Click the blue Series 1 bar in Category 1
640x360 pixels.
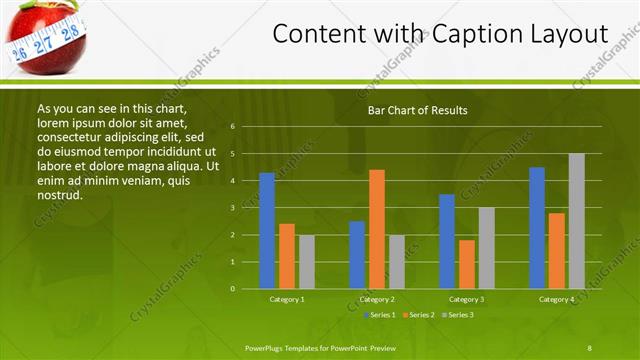tap(267, 231)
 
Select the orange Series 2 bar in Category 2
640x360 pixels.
tap(377, 229)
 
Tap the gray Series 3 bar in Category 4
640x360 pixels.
tap(577, 221)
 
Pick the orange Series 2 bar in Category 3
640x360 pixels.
tap(467, 264)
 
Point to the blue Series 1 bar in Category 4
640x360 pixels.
tap(537, 228)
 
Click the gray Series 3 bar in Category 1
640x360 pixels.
tap(307, 262)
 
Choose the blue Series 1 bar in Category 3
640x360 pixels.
tap(447, 241)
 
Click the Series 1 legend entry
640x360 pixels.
tap(381, 315)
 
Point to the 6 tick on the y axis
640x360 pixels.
tap(232, 127)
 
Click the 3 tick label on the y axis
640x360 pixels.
tap(232, 208)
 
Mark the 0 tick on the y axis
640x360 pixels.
tap(232, 289)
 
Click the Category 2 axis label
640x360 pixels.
tap(377, 299)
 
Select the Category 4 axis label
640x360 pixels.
tap(557, 299)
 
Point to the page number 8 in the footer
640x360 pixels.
tap(589, 347)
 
